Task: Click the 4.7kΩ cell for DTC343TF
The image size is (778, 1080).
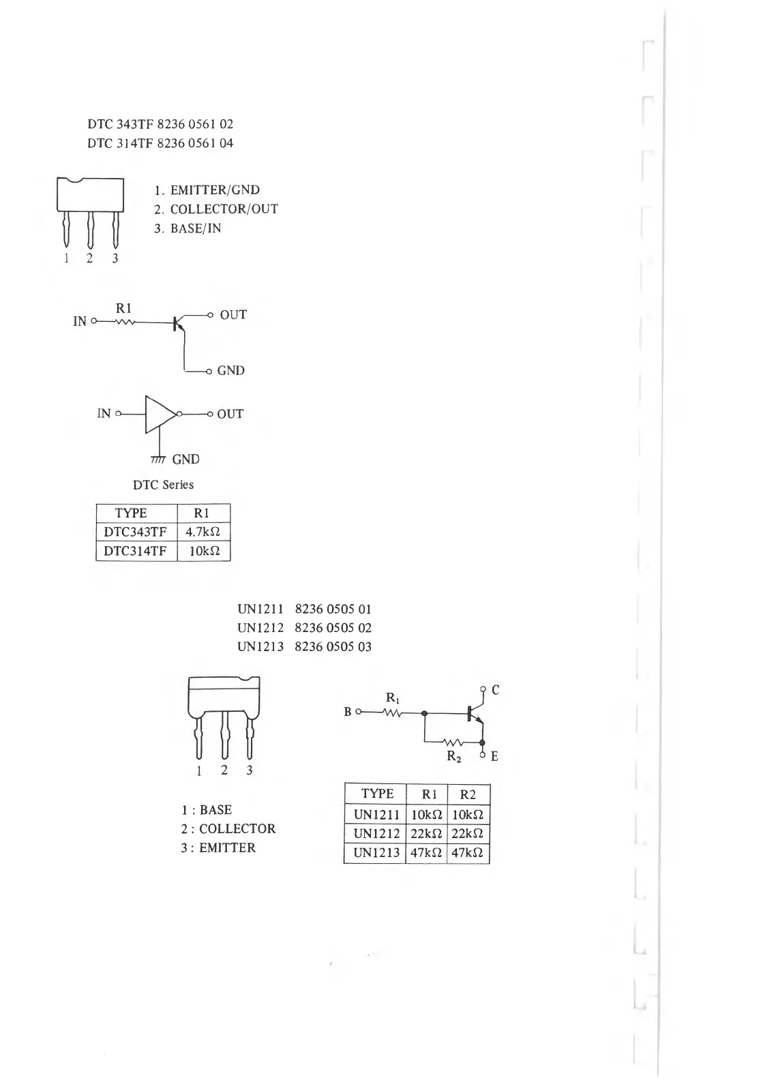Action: [x=203, y=532]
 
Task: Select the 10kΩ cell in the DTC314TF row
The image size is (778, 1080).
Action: [x=203, y=551]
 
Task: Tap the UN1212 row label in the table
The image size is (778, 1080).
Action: [x=376, y=833]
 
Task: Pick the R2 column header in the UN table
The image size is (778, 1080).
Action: [x=468, y=794]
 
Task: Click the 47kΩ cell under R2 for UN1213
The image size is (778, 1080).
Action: [x=468, y=853]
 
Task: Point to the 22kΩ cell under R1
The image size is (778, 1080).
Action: [x=426, y=833]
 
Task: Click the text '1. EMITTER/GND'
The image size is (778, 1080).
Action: [x=207, y=190]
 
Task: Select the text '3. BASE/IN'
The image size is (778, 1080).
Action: [x=188, y=228]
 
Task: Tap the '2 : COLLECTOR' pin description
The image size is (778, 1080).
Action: [x=228, y=829]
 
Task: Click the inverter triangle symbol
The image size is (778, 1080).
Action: [x=160, y=414]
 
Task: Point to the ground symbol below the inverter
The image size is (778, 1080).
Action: [x=158, y=459]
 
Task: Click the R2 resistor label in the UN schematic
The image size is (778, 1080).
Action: [x=454, y=756]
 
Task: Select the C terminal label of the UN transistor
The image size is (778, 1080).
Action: [x=496, y=690]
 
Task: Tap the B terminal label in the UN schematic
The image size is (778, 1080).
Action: [x=348, y=712]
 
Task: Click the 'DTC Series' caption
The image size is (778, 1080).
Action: [x=163, y=485]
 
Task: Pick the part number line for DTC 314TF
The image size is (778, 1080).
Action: [x=160, y=143]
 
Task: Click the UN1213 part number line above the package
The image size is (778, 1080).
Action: [x=304, y=646]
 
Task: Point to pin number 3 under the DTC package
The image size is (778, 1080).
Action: [x=115, y=258]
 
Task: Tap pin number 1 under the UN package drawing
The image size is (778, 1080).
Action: [x=199, y=771]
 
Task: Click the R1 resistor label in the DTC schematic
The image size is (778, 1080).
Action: [x=124, y=308]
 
